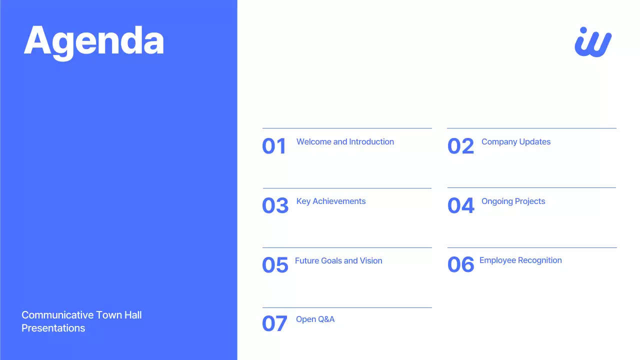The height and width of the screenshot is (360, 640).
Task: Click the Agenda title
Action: tap(94, 41)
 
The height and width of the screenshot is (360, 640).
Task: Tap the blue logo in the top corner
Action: tap(593, 42)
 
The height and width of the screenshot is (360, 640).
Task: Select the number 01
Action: tap(274, 146)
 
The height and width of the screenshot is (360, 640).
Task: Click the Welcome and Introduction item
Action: tap(345, 142)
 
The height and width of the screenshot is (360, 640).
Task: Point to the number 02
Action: tap(460, 146)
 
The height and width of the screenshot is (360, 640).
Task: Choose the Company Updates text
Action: tap(516, 142)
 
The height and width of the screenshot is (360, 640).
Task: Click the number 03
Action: tap(275, 206)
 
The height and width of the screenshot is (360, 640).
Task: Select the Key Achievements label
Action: tap(331, 201)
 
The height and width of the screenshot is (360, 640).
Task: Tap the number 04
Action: tap(460, 206)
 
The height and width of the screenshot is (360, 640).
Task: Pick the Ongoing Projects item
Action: tap(513, 201)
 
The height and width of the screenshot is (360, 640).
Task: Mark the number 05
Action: tap(275, 265)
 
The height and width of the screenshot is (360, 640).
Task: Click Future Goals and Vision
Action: tap(338, 261)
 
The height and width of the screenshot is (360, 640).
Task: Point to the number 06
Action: tap(460, 265)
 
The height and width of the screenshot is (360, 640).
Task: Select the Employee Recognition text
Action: tap(520, 260)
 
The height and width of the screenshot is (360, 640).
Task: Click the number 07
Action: tap(274, 324)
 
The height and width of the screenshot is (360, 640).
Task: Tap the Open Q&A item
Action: tap(315, 319)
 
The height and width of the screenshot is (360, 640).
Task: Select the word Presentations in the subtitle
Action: tap(53, 328)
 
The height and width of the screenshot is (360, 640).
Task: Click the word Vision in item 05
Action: tap(371, 261)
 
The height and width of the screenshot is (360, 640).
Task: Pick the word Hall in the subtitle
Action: tap(132, 315)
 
